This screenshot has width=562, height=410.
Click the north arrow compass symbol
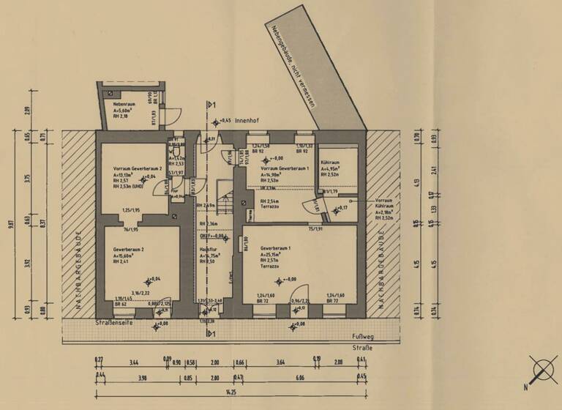point(542,369)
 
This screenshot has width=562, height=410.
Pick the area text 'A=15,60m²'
point(127,257)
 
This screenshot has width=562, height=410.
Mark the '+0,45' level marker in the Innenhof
point(223,121)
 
